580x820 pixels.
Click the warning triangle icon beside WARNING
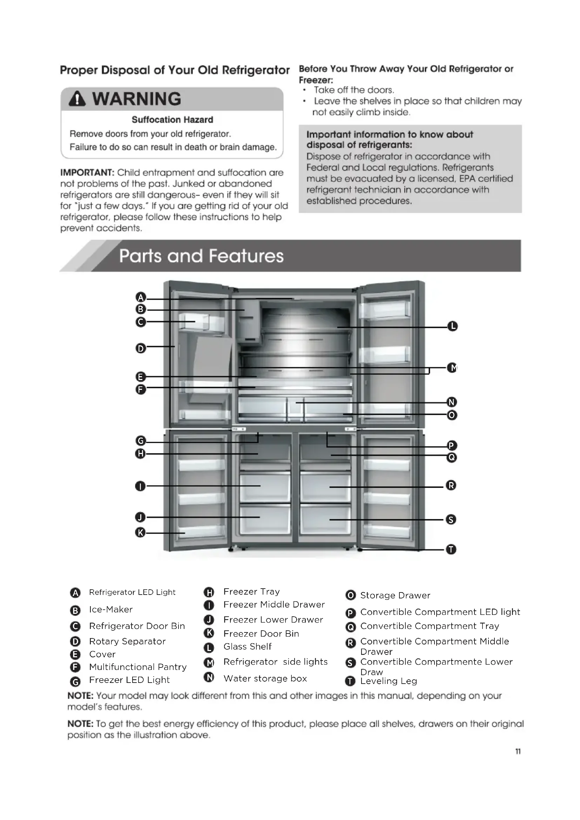[x=77, y=99]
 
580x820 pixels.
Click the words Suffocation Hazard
[x=172, y=120]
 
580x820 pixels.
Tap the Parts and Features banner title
[x=201, y=256]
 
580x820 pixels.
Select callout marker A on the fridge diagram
[x=141, y=298]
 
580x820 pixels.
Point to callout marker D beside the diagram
[x=141, y=348]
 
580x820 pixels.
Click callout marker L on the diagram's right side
[x=452, y=326]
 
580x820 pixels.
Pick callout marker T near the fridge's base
[x=451, y=549]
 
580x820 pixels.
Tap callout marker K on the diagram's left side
[x=140, y=533]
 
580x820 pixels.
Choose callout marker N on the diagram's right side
[x=452, y=402]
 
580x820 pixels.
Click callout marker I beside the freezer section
[x=140, y=486]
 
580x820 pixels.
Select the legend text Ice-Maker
[x=111, y=610]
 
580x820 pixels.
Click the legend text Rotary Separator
[x=127, y=642]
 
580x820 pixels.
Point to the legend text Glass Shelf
[x=248, y=647]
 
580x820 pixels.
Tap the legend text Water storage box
[x=265, y=679]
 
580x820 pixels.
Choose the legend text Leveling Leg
[x=389, y=681]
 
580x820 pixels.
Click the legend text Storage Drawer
[x=395, y=595]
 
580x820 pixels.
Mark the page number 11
[x=518, y=751]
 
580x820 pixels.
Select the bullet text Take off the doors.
[x=353, y=90]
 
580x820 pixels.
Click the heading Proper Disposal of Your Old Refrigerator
[x=175, y=70]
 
